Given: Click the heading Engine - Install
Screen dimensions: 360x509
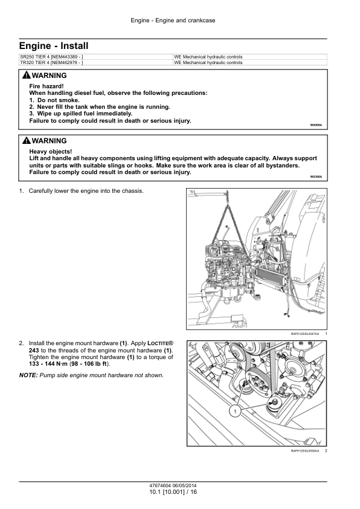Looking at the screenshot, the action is (x=54, y=46).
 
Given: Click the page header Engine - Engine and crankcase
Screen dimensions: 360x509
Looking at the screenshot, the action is (x=173, y=21).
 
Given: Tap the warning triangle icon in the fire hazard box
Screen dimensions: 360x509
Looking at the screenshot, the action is (x=27, y=76).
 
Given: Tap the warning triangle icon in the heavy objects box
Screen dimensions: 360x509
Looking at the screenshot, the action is (x=27, y=141).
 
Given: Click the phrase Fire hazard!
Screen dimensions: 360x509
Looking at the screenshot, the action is (x=47, y=86).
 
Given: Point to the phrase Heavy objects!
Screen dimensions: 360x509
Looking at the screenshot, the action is (x=51, y=152).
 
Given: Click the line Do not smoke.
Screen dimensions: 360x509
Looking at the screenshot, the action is (x=54, y=100).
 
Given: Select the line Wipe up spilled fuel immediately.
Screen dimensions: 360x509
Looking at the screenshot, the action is (x=81, y=114).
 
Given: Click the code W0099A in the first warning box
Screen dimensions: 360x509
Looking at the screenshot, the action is (x=316, y=125).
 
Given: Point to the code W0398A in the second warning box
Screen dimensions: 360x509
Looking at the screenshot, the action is (x=316, y=177).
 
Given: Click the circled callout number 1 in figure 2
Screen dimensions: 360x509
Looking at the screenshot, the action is (x=235, y=412).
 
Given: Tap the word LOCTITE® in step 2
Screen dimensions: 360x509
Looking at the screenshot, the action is (x=160, y=343).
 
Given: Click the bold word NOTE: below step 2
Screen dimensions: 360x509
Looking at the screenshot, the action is (x=28, y=375).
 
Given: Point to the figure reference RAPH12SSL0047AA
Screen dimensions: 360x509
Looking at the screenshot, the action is (x=305, y=334).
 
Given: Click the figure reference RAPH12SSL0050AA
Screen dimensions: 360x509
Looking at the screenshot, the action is (x=305, y=450).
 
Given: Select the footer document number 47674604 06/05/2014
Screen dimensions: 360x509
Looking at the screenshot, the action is (x=173, y=485).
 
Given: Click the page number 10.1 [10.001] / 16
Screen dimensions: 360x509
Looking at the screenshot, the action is (x=173, y=492).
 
